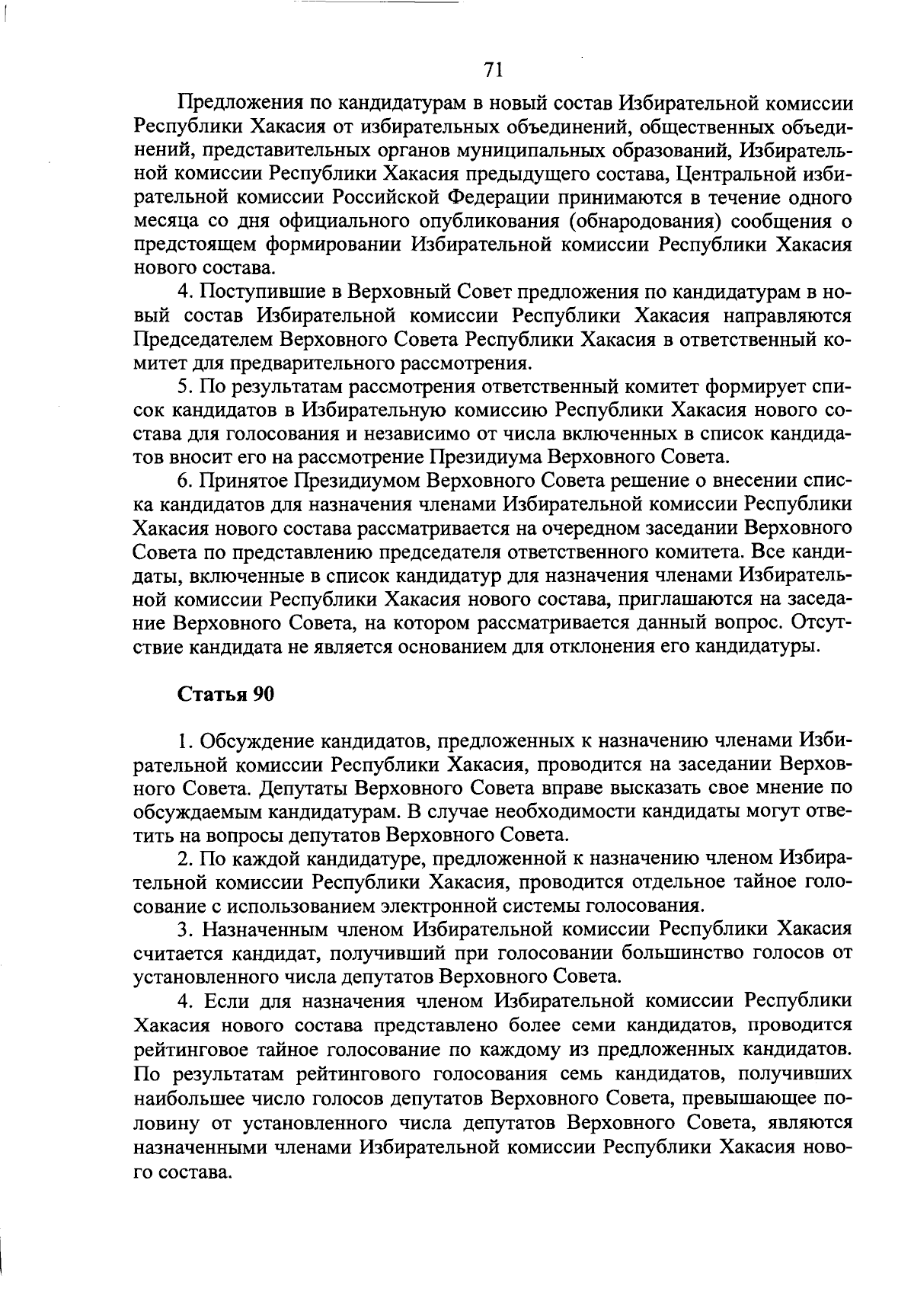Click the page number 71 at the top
tap(494, 70)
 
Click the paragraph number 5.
tap(183, 387)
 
